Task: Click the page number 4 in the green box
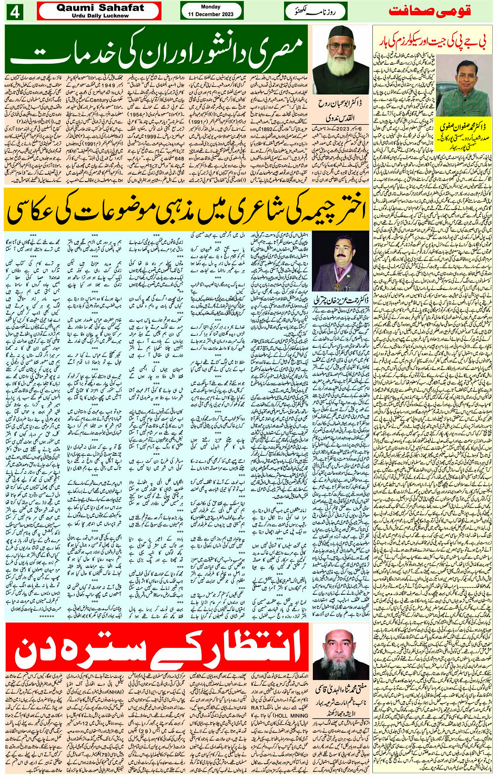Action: pos(14,12)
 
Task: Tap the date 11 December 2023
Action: pos(211,14)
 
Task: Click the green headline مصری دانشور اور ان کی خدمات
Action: pos(157,51)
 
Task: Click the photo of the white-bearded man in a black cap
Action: pos(341,59)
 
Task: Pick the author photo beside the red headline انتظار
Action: pos(341,653)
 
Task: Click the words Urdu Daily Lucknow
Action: pos(100,16)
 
